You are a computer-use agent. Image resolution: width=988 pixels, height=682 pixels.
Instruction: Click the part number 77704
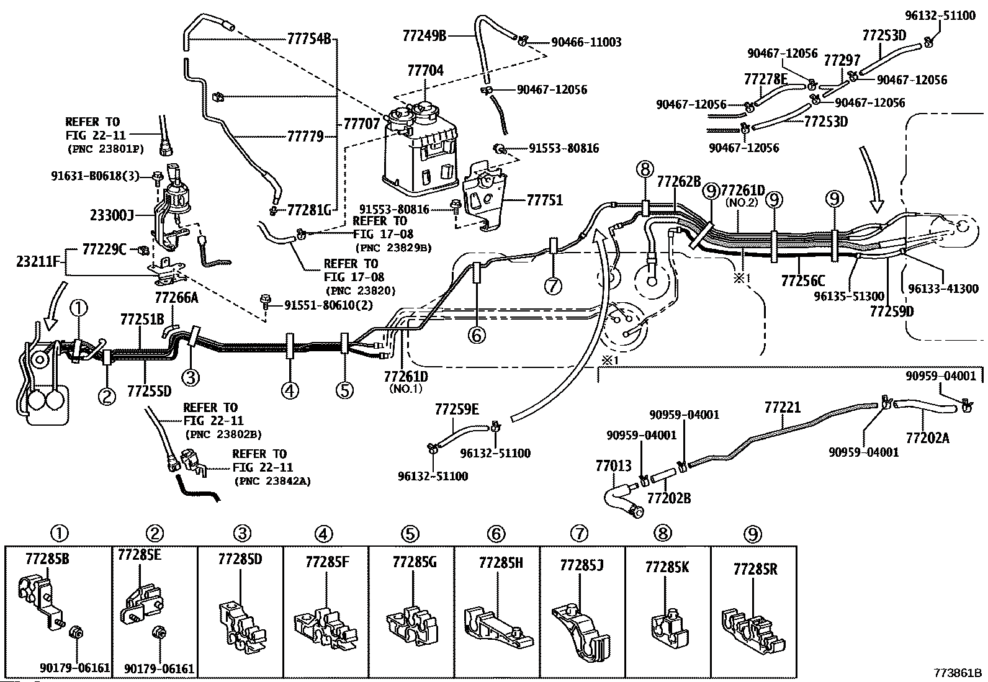point(425,71)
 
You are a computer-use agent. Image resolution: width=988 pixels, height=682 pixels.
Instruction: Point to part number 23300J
point(112,215)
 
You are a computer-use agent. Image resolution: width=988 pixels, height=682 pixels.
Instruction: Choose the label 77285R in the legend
point(755,569)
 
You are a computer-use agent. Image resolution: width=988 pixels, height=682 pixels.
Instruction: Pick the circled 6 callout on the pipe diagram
point(476,335)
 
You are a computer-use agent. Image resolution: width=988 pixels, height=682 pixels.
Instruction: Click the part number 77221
point(782,408)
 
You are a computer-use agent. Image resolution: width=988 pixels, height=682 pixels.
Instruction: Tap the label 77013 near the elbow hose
point(613,465)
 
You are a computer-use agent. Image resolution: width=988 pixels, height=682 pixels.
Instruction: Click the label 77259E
point(457,409)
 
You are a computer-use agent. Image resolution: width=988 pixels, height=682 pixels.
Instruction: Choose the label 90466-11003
point(586,42)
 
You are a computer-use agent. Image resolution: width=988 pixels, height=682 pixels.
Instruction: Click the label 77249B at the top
point(424,35)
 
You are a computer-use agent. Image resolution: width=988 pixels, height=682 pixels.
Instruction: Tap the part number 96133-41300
point(943,289)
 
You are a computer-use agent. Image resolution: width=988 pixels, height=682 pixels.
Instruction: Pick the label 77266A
point(176,298)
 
